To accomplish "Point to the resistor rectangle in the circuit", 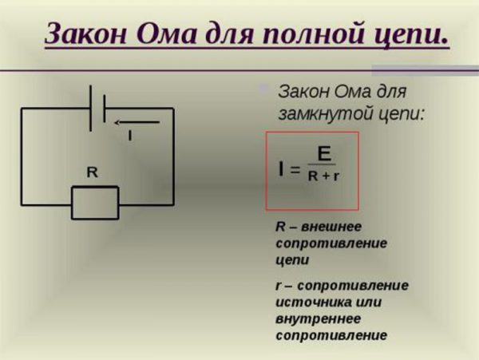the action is point(95,203).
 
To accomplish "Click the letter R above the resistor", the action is point(93,172).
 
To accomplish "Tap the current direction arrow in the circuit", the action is point(137,123).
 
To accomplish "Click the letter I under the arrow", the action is point(130,135).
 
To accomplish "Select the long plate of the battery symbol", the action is point(91,109).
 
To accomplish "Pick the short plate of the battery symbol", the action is point(105,109).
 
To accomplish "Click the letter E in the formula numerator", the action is point(324,153).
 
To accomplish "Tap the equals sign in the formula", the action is point(295,169).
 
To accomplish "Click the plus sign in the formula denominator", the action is point(327,176).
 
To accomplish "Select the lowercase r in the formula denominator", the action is point(336,176).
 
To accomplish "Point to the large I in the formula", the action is point(281,169).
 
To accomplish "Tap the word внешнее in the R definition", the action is point(331,227).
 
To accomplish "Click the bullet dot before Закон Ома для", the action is point(263,89).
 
